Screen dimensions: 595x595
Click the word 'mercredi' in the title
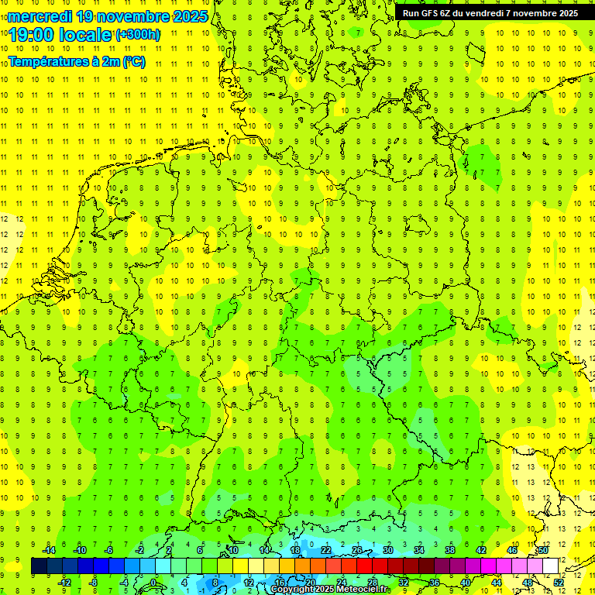[x=43, y=16]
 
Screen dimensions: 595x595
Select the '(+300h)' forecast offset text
[x=138, y=34]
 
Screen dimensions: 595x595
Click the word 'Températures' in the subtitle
[x=46, y=62]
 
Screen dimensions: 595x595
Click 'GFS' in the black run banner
[x=429, y=13]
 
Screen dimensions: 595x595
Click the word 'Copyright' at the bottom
[x=294, y=590]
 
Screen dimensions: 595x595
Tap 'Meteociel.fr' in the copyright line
[x=363, y=590]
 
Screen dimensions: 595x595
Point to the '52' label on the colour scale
[x=559, y=583]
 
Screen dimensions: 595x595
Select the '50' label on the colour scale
[x=544, y=550]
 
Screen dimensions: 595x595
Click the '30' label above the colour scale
[x=388, y=550]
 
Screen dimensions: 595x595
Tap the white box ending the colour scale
[x=551, y=566]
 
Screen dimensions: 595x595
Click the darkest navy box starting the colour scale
[x=39, y=566]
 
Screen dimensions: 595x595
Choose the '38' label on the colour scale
[x=450, y=550]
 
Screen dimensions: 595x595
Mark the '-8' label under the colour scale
[x=95, y=583]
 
